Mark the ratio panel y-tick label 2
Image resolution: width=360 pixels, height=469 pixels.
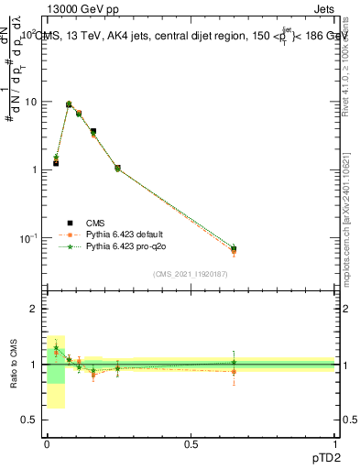(x=34, y=310)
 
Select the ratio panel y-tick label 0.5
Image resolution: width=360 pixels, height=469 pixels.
(x=29, y=420)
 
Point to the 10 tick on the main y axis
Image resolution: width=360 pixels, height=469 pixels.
(x=30, y=102)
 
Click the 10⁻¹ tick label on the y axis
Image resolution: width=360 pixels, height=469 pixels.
(x=28, y=238)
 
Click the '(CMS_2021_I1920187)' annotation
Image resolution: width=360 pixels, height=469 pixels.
(x=191, y=273)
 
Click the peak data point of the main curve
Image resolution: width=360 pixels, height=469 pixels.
(x=69, y=104)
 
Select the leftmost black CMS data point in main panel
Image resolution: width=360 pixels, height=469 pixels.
(x=56, y=163)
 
